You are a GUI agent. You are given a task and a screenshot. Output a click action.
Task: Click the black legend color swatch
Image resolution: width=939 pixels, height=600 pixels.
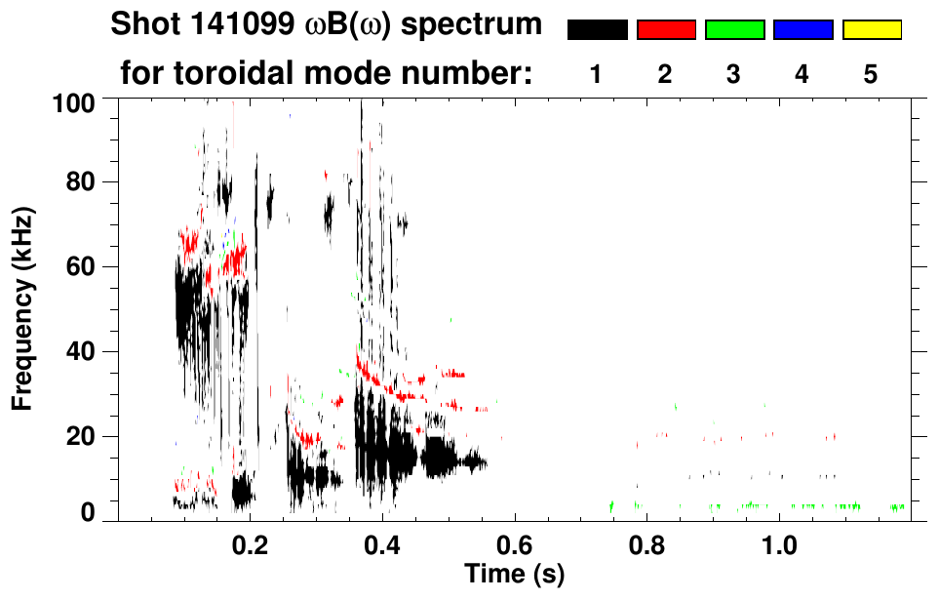click(597, 30)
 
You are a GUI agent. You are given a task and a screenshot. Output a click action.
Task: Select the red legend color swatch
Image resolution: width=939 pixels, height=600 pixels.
click(666, 30)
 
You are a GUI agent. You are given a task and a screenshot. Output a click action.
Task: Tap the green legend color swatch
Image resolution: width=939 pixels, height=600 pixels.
click(734, 30)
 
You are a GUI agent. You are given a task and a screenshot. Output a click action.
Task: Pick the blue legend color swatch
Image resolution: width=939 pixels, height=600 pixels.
click(802, 30)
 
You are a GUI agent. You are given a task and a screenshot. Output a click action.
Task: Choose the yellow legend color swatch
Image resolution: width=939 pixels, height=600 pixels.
click(872, 30)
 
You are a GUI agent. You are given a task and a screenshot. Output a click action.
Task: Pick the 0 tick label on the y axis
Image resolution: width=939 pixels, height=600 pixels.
click(87, 512)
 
